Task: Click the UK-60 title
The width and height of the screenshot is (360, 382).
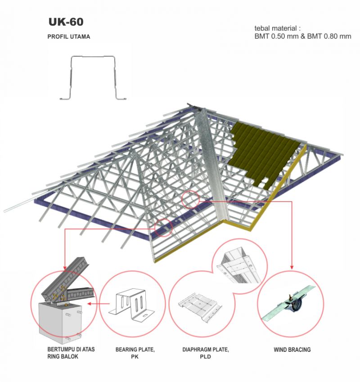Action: (66, 22)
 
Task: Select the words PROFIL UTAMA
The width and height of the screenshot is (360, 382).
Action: (69, 37)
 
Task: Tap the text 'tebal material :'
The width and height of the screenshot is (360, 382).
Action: (277, 28)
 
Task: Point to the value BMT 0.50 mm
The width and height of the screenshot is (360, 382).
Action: (276, 36)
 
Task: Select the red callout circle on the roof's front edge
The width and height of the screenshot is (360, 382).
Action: (163, 227)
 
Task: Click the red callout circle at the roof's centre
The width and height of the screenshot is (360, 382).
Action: (191, 199)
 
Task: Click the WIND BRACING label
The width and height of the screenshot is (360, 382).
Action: (292, 350)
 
